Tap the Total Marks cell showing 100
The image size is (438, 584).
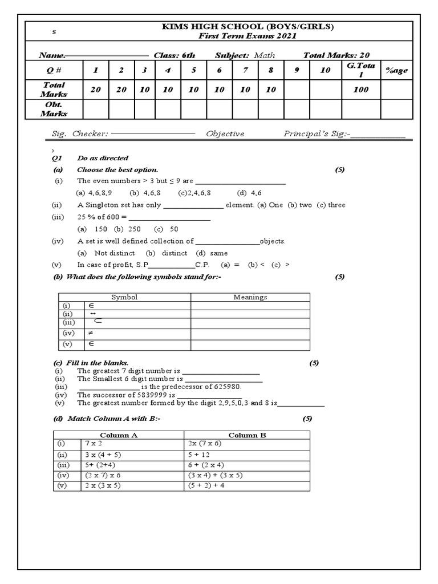(360, 90)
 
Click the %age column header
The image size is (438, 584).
(396, 70)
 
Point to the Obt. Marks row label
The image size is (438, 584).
(54, 109)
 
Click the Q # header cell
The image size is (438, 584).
(54, 70)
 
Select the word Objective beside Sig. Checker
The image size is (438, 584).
(225, 134)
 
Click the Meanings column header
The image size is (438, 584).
(250, 297)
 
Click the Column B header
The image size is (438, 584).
(248, 435)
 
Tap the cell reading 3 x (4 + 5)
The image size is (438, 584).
(103, 455)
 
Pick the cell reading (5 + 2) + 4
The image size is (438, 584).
(206, 485)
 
